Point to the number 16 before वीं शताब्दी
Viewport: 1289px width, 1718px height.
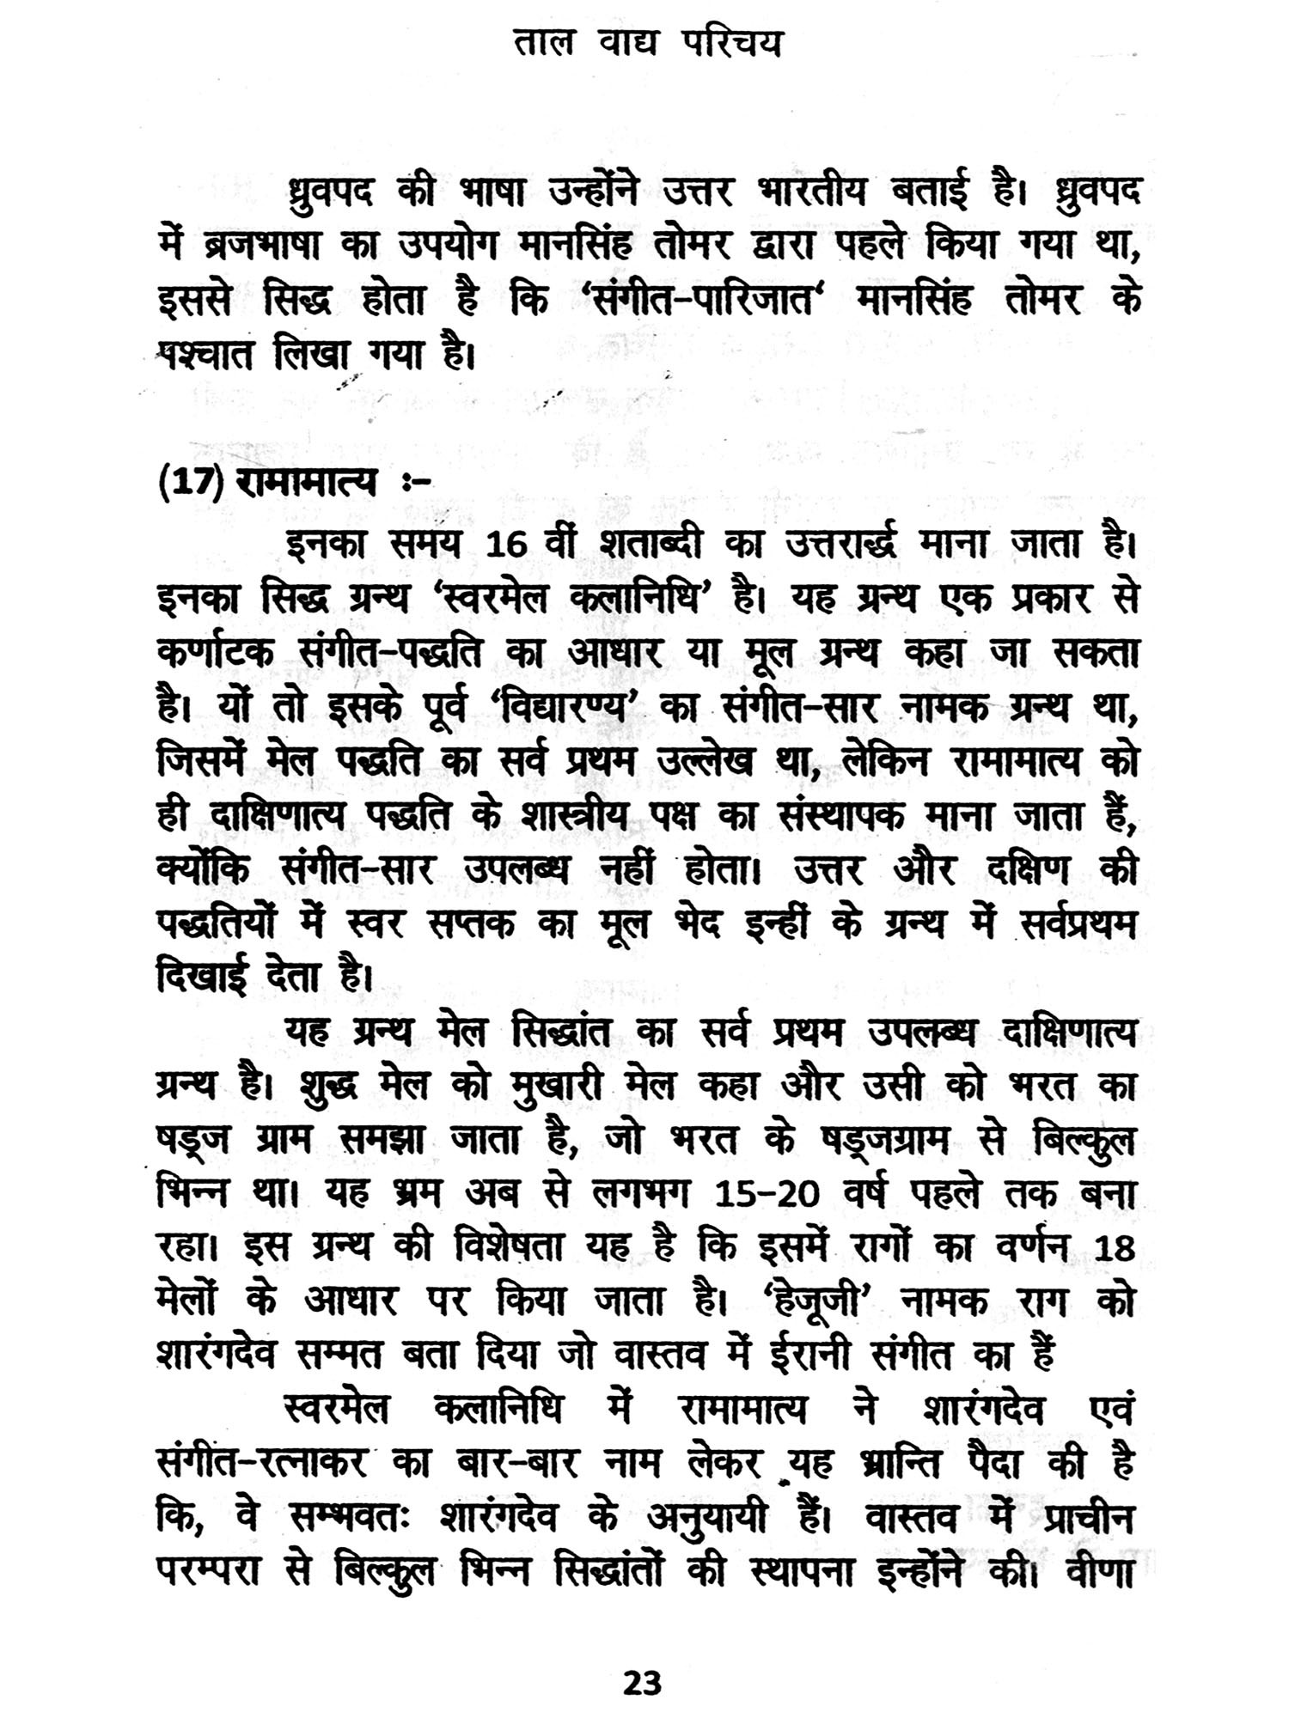(511, 545)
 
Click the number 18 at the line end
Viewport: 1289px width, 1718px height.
(1115, 1248)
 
